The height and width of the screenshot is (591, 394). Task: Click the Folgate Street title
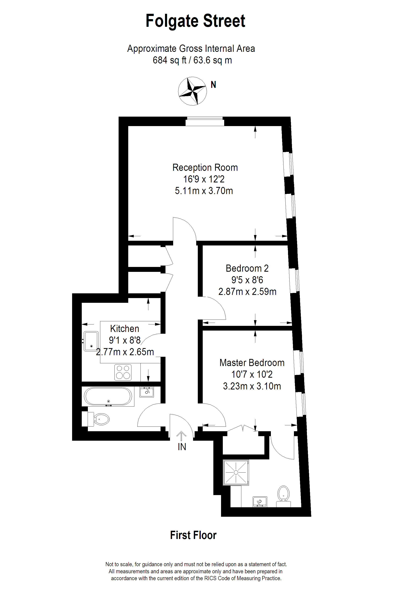[x=195, y=21]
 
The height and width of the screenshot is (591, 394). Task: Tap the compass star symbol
[x=192, y=91]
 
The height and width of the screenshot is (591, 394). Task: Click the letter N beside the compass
[x=213, y=85]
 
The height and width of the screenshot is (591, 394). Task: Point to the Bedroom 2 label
[x=247, y=268]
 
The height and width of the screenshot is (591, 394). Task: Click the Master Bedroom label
[x=252, y=363]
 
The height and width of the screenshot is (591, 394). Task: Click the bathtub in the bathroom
[x=108, y=396]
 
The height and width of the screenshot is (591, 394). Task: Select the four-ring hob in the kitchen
[x=123, y=372]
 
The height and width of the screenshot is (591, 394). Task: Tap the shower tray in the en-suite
[x=236, y=472]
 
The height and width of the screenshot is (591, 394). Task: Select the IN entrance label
[x=182, y=447]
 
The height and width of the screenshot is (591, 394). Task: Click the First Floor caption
[x=193, y=535]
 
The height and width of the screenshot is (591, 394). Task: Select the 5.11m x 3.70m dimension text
[x=204, y=191]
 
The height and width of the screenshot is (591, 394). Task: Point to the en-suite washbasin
[x=260, y=502]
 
